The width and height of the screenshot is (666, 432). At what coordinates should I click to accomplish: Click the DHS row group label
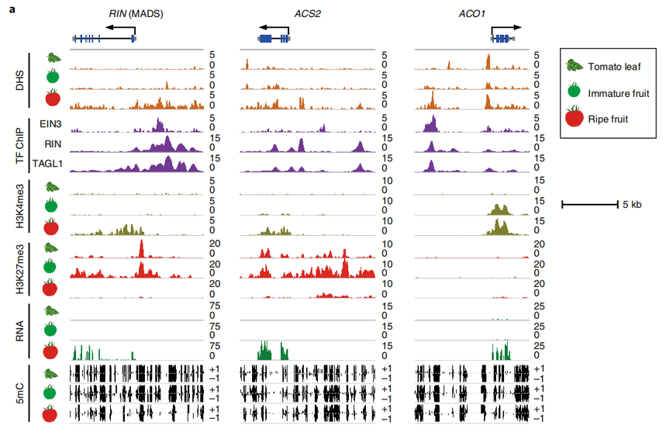(x=20, y=80)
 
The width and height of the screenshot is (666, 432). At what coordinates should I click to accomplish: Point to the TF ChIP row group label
(x=20, y=145)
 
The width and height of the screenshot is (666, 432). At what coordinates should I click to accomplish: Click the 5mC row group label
(x=20, y=393)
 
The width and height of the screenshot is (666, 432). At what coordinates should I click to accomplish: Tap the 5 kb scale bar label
(x=631, y=205)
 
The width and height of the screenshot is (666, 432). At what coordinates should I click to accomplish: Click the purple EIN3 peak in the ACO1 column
(x=431, y=123)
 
